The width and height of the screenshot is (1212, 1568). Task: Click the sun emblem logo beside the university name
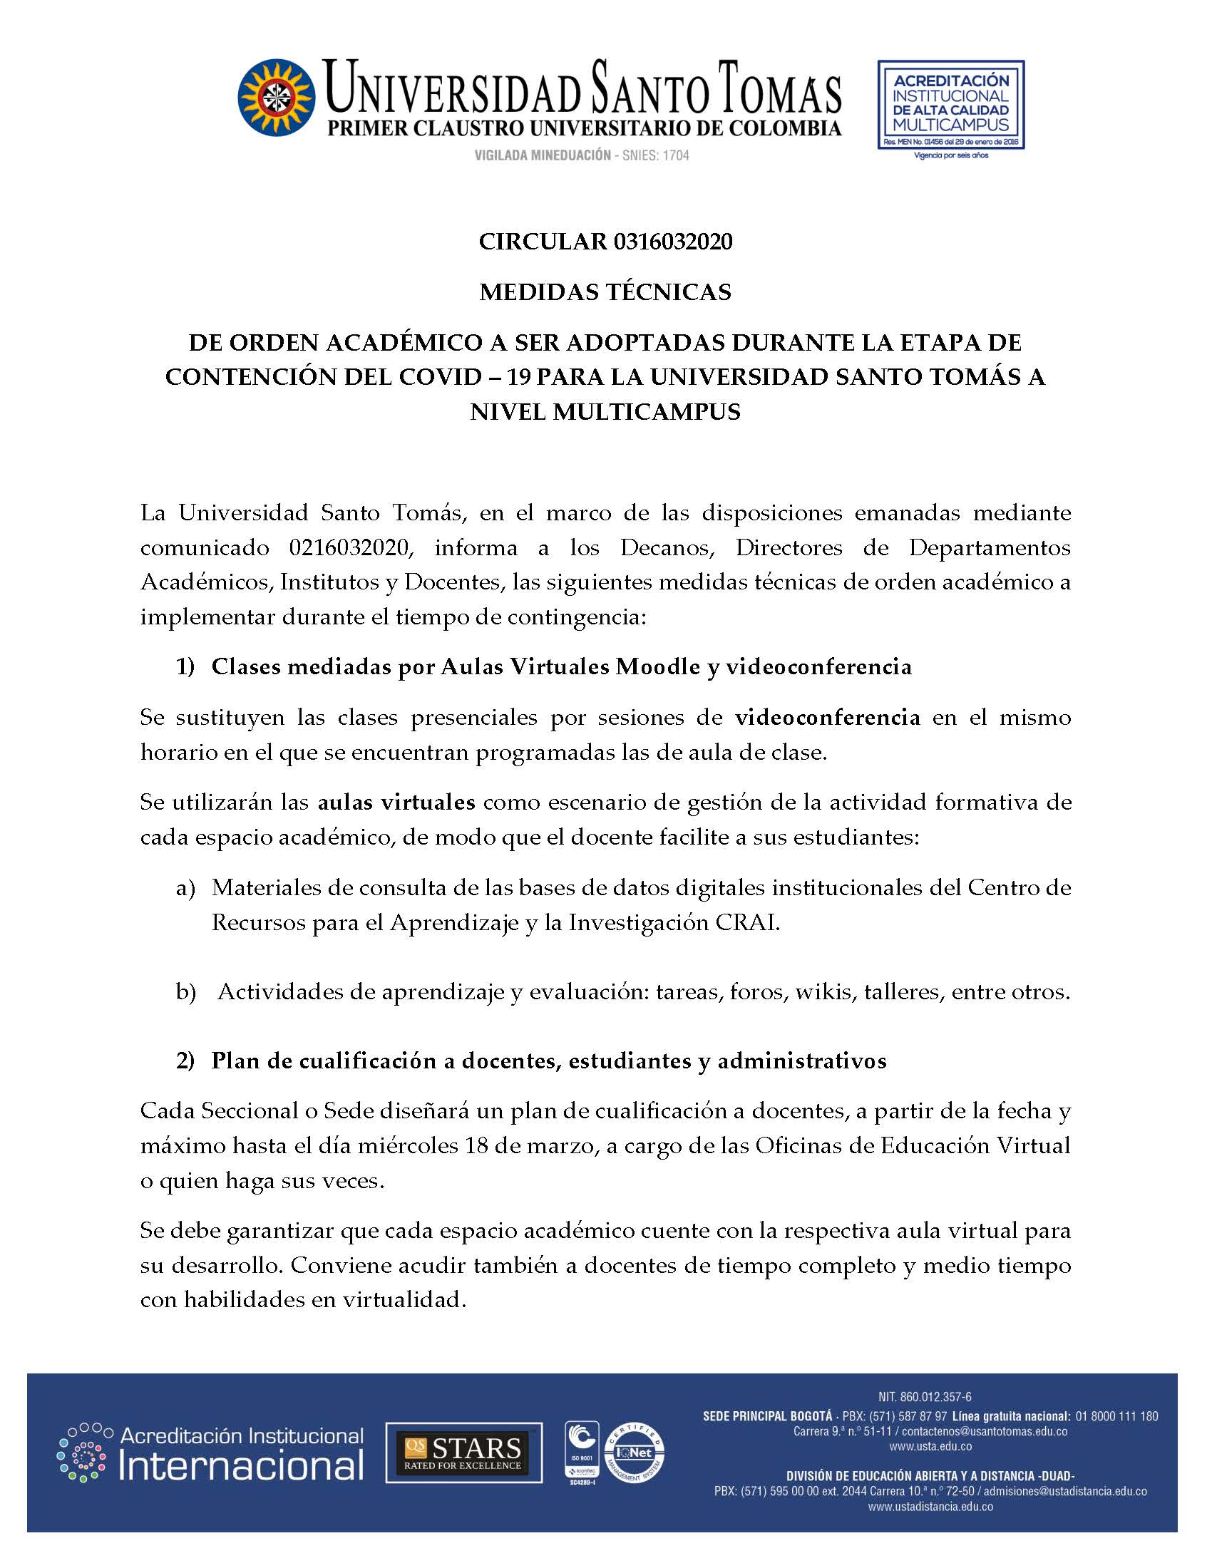point(277,98)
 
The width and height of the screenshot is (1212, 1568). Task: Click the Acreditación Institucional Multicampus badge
point(950,105)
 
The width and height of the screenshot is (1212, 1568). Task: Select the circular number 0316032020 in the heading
point(673,242)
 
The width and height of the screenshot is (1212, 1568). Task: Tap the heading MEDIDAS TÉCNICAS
point(605,292)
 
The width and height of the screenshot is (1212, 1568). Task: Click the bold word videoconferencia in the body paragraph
point(827,717)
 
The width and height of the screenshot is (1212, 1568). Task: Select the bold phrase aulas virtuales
point(396,802)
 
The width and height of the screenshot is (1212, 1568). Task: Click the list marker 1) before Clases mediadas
point(185,667)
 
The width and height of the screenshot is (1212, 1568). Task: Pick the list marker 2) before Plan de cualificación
point(185,1061)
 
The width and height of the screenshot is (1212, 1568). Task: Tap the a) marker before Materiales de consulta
point(185,888)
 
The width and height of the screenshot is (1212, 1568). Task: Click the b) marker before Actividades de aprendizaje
point(186,991)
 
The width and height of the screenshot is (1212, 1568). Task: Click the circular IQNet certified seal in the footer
point(634,1452)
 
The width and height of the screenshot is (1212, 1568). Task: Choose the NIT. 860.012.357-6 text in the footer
point(925,1396)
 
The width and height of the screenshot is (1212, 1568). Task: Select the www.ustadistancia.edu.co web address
point(930,1507)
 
